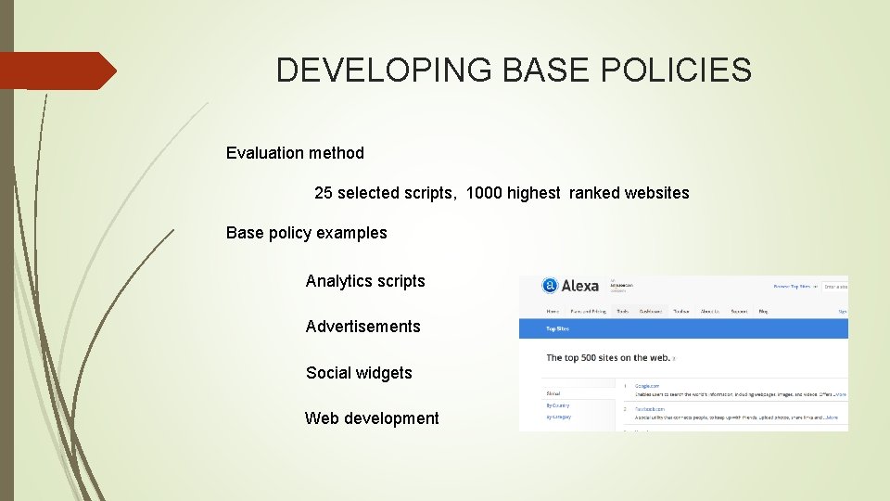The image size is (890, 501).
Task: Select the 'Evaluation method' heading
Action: (295, 153)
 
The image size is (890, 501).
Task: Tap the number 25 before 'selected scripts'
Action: (323, 193)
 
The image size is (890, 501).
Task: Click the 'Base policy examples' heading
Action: (307, 233)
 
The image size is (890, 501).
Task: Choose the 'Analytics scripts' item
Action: (365, 281)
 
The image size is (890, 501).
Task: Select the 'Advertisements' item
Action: (363, 327)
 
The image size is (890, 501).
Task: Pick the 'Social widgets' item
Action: (359, 373)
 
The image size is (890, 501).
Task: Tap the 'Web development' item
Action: (372, 418)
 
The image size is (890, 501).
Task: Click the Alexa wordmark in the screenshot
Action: (580, 286)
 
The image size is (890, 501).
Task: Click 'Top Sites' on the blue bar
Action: (557, 328)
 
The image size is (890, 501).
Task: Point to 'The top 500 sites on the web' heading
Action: (608, 357)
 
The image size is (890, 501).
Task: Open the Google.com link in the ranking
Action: (647, 385)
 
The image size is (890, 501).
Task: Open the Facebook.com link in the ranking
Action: (650, 408)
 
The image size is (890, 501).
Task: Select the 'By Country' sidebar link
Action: (558, 405)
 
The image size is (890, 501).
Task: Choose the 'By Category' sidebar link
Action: (559, 417)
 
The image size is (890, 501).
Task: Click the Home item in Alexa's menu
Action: (553, 312)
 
